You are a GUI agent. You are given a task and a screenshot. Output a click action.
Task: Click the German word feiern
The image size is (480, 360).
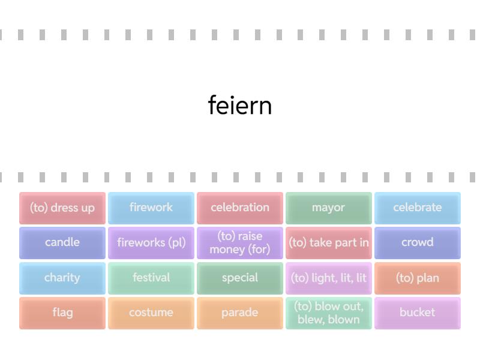(x=240, y=106)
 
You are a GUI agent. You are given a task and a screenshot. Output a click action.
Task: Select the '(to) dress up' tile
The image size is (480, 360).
(x=62, y=208)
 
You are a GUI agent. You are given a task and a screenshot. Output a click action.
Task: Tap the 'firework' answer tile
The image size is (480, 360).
(x=151, y=208)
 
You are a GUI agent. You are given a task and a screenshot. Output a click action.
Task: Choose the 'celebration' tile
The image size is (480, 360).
(x=240, y=208)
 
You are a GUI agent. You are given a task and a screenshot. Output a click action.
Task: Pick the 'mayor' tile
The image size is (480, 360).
(x=329, y=208)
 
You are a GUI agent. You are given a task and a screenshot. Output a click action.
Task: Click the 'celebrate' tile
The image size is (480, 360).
(x=418, y=208)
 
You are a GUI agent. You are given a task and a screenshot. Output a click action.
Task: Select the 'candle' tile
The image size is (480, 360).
(x=62, y=242)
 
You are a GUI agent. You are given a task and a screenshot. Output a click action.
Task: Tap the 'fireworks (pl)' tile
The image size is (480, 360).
(x=151, y=242)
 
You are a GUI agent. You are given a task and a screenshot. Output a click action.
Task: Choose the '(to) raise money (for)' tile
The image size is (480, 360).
(x=240, y=242)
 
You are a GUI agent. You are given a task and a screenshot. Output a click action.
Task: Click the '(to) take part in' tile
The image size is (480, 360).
(x=329, y=242)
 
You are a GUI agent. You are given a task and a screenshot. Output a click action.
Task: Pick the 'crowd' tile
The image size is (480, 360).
(x=418, y=242)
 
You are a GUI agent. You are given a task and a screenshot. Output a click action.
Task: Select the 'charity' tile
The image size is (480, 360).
(x=62, y=278)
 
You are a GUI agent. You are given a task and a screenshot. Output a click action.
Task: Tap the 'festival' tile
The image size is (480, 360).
(x=151, y=278)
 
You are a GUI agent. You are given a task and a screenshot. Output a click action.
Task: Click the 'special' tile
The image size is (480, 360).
(x=240, y=278)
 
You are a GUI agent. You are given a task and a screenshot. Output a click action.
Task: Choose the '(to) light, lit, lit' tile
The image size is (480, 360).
(x=329, y=278)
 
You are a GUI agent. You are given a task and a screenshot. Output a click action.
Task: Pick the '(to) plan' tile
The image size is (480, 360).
(x=418, y=278)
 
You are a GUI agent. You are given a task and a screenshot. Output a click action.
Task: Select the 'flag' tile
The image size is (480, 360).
(x=62, y=313)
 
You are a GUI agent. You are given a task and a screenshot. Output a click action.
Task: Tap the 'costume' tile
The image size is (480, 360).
(x=151, y=313)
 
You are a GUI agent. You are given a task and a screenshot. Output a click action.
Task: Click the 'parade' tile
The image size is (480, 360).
(x=240, y=313)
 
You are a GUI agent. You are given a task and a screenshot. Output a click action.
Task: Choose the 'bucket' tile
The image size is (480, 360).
(x=418, y=313)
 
